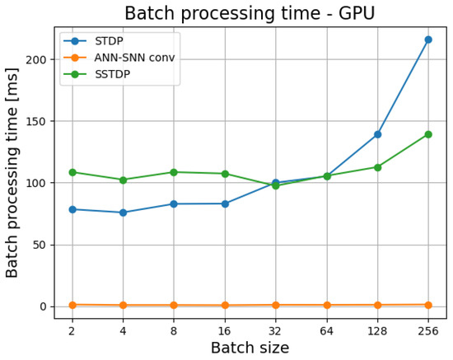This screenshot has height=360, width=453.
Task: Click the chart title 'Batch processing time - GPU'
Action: click(x=250, y=13)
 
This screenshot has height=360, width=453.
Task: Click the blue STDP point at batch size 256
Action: click(x=428, y=40)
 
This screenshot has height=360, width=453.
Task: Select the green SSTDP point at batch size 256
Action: click(x=428, y=134)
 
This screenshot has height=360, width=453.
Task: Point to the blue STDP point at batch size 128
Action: click(x=377, y=134)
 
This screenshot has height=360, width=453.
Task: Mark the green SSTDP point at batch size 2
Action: click(x=72, y=172)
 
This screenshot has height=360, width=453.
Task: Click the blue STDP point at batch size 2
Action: click(x=72, y=209)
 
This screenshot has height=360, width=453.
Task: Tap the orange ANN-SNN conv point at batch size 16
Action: click(x=225, y=306)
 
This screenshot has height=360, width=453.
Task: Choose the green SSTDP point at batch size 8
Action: click(x=174, y=172)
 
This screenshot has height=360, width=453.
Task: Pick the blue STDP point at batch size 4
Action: click(x=124, y=213)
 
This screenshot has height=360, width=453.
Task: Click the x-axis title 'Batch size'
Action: click(x=250, y=348)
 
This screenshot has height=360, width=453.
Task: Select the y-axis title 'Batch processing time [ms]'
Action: click(x=13, y=172)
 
